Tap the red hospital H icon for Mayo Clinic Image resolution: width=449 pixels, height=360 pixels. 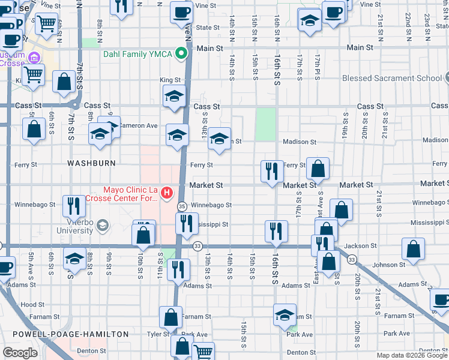click(167, 193)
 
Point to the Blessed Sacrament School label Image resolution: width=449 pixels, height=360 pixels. click(391, 78)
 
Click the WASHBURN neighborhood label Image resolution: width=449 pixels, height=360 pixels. click(91, 163)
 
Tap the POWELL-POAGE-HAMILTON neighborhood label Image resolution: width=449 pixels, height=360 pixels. click(65, 334)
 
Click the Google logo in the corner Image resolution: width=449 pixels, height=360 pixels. click(21, 352)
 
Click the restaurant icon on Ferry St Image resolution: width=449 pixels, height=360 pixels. click(272, 170)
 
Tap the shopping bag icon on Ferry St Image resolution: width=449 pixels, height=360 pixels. click(318, 168)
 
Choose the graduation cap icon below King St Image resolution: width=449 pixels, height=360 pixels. click(174, 96)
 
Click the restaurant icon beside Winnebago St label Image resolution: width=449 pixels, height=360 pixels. click(74, 205)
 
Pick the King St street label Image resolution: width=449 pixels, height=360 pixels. click(170, 80)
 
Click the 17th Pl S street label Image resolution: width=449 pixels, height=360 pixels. click(316, 68)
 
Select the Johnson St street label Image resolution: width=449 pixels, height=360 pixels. click(384, 265)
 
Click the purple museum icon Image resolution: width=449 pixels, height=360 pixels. click(34, 58)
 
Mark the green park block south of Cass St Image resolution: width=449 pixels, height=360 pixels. click(265, 124)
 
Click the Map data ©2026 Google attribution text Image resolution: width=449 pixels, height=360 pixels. click(412, 355)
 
